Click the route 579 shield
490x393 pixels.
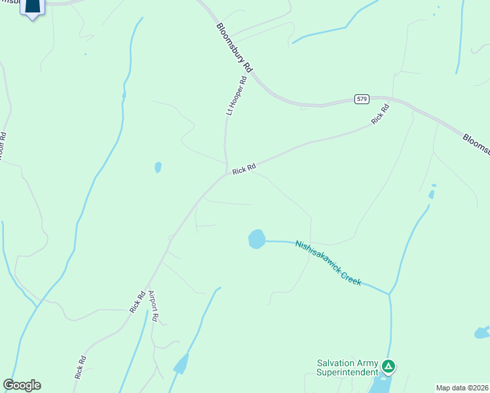[362, 99]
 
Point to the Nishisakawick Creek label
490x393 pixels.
[328, 263]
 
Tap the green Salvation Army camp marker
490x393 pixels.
[388, 366]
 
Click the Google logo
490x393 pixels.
[22, 385]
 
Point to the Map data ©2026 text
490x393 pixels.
[462, 388]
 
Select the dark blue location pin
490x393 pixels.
[32, 8]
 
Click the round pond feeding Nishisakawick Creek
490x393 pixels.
[257, 239]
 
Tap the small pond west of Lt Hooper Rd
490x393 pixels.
[158, 167]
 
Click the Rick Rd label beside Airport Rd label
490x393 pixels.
[137, 302]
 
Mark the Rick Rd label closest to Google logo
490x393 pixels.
[81, 367]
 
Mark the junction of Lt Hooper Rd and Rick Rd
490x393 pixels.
[227, 174]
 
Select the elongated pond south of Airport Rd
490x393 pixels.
[181, 364]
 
